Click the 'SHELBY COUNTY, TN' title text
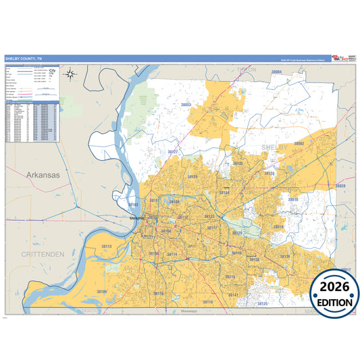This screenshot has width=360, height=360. pyautogui.click(x=23, y=59)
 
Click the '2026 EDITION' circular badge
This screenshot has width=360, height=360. pyautogui.click(x=335, y=294)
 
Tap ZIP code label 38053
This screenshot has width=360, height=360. pyautogui.click(x=185, y=105)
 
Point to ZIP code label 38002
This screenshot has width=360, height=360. pyautogui.click(x=299, y=144)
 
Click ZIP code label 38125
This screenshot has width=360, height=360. pyautogui.click(x=263, y=304)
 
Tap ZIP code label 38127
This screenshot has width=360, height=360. pyautogui.click(x=173, y=152)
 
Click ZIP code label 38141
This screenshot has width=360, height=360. pyautogui.click(x=233, y=295)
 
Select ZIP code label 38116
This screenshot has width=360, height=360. pyautogui.click(x=158, y=293)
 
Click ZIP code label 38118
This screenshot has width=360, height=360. pyautogui.click(x=207, y=301)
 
